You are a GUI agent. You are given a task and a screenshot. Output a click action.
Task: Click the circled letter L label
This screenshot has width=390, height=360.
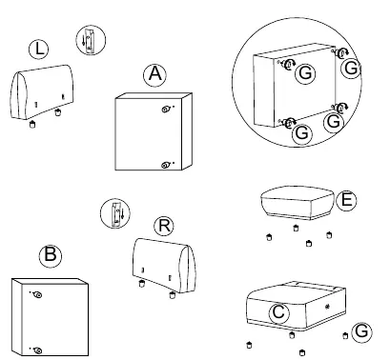pyautogui.click(x=38, y=50)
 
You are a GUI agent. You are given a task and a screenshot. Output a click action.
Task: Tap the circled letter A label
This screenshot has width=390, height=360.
pyautogui.click(x=154, y=74)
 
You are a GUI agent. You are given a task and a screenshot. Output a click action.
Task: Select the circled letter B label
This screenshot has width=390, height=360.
pyautogui.click(x=51, y=255)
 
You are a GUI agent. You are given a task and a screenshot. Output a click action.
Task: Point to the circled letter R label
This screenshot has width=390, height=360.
pyautogui.click(x=164, y=226)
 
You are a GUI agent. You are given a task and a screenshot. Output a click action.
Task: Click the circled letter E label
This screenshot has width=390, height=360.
pyautogui.click(x=346, y=201)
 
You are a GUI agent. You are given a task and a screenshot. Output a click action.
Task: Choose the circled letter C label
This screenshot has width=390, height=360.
pyautogui.click(x=279, y=312)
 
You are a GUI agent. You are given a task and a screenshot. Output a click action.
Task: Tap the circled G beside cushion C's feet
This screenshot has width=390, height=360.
pyautogui.click(x=361, y=331)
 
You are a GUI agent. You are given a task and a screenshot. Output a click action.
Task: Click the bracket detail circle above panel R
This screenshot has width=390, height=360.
pyautogui.click(x=115, y=213)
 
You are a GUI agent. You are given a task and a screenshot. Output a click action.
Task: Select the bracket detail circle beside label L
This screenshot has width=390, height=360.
pyautogui.click(x=91, y=40)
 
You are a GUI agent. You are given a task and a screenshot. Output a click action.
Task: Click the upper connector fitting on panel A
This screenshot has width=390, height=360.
pyautogui.click(x=166, y=110)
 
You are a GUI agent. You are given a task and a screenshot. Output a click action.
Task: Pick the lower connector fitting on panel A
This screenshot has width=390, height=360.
pyautogui.click(x=165, y=165)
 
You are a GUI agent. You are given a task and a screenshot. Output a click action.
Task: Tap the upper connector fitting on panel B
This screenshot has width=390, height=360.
pyautogui.click(x=38, y=295)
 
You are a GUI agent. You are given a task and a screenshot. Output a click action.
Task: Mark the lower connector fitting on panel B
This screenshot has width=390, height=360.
pyautogui.click(x=37, y=350)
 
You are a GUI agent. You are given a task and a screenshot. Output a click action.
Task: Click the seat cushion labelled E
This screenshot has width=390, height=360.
pyautogui.click(x=298, y=203)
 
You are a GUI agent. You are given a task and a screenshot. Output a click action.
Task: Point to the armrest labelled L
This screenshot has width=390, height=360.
pyautogui.click(x=42, y=91)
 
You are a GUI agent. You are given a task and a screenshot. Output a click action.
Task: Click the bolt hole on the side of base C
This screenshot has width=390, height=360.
pyautogui.click(x=327, y=307)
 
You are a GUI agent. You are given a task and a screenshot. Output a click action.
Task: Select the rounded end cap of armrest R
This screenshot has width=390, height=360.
pyautogui.click(x=187, y=270)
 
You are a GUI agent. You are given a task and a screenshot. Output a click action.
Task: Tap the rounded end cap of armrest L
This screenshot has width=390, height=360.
pyautogui.click(x=18, y=94)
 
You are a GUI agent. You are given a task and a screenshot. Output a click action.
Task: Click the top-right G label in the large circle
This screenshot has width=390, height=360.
pyautogui.click(x=351, y=68)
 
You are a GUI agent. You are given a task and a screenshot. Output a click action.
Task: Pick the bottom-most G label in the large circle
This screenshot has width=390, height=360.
pyautogui.click(x=302, y=133)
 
